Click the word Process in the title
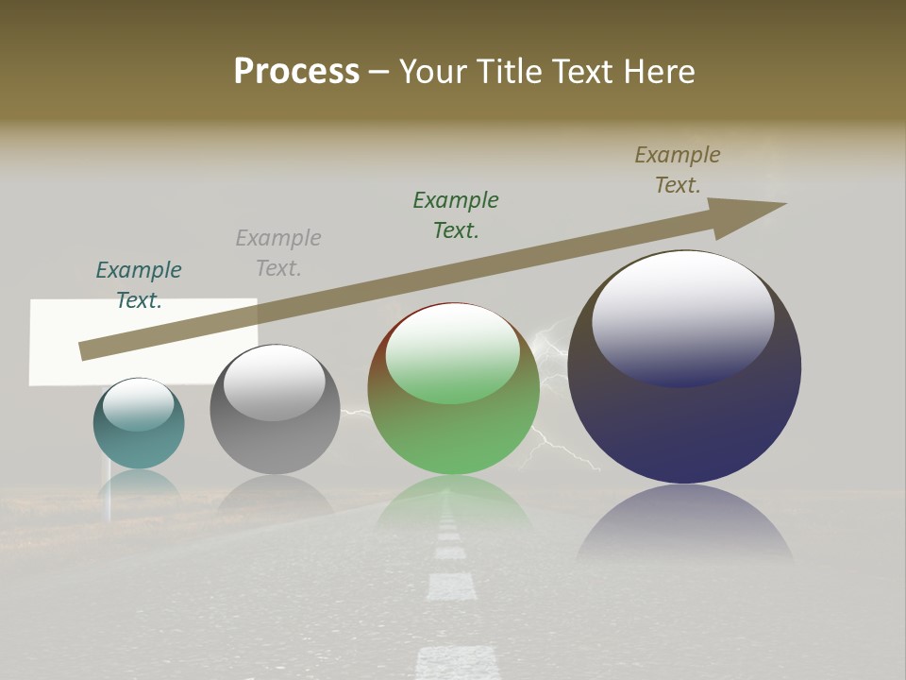click(x=296, y=71)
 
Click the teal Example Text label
click(x=139, y=284)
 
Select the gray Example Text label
click(x=278, y=252)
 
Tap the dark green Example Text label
click(x=456, y=214)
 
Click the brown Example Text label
click(x=678, y=169)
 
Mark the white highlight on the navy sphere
click(x=683, y=316)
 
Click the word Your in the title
click(x=432, y=71)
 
